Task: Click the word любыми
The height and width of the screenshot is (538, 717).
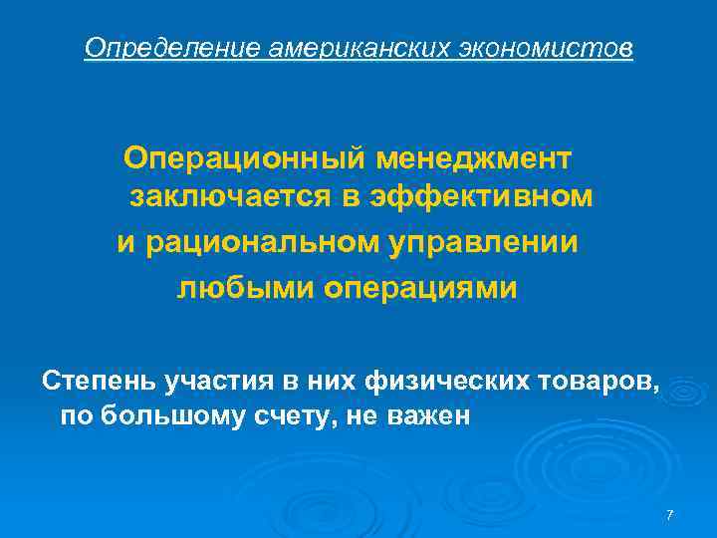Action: pos(231,288)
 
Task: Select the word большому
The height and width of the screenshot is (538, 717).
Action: pos(173,415)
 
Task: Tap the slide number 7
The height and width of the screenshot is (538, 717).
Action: pos(669,515)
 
